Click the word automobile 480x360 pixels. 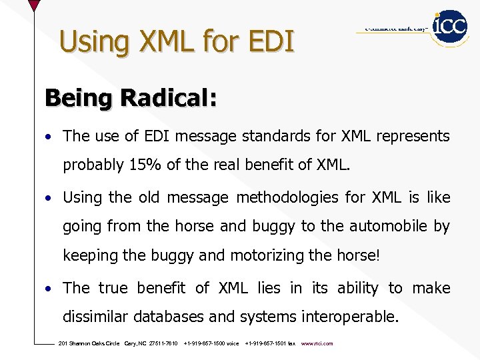tap(387, 226)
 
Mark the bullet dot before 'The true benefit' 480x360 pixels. tap(49, 289)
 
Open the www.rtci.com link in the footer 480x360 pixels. tap(317, 343)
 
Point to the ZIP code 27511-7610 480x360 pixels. tap(163, 343)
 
